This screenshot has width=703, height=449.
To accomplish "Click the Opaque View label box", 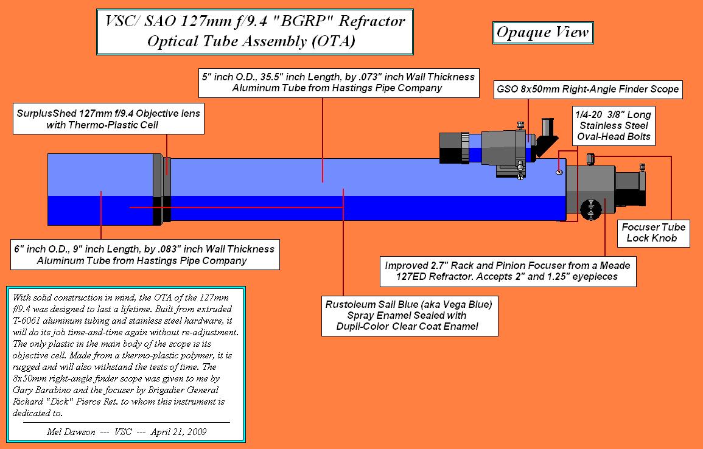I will click(x=542, y=32).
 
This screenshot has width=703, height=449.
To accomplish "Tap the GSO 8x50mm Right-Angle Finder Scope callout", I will click(x=587, y=89).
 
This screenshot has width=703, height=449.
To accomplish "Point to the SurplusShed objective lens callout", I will click(x=108, y=119).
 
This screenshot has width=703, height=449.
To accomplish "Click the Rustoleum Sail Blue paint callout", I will click(x=410, y=315).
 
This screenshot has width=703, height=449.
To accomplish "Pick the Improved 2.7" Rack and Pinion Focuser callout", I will click(x=507, y=271).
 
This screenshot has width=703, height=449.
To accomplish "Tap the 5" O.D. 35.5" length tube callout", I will click(x=338, y=83).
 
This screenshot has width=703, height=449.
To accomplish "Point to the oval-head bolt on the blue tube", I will click(x=559, y=172).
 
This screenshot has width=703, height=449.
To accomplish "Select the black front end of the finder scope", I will click(x=451, y=148).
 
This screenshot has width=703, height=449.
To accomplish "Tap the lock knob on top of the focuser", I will click(x=590, y=159).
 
